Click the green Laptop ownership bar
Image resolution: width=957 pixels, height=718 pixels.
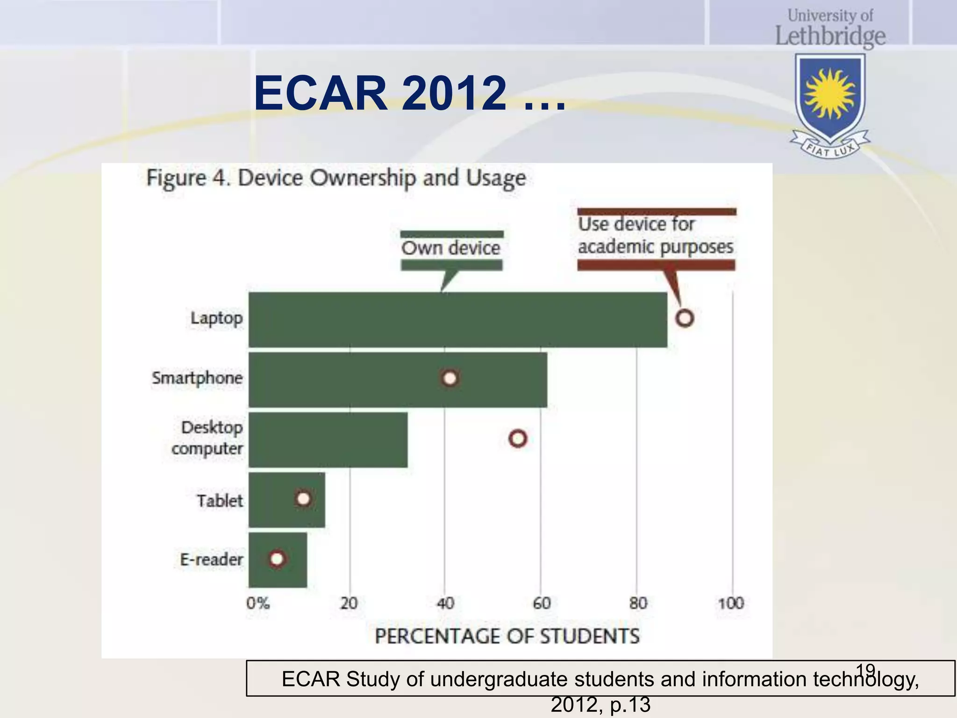tap(458, 320)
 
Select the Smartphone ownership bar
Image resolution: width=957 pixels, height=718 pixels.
tap(398, 380)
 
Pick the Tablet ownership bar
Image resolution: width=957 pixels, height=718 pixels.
tap(286, 500)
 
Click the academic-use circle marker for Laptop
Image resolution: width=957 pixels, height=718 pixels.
tap(685, 318)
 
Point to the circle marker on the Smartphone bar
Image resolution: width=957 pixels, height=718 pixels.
tap(450, 378)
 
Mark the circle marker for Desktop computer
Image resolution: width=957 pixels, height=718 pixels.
tap(518, 438)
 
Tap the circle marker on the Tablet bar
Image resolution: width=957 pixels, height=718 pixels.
tap(303, 499)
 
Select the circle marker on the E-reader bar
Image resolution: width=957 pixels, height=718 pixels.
tap(277, 559)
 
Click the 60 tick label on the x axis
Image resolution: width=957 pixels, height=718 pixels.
tap(542, 603)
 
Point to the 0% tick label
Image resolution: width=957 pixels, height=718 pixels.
tap(258, 603)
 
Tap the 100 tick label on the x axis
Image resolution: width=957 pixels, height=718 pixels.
tap(731, 603)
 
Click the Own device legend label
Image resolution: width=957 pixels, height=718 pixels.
tap(451, 248)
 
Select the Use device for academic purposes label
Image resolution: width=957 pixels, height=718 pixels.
tap(655, 236)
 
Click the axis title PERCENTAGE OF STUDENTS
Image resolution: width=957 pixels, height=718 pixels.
tap(507, 636)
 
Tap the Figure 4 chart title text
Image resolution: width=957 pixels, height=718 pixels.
tap(336, 178)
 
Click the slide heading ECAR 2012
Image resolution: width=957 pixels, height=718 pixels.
tap(409, 93)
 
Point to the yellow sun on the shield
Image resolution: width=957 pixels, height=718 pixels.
tap(830, 93)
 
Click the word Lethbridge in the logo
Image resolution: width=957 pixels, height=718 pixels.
tap(830, 36)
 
